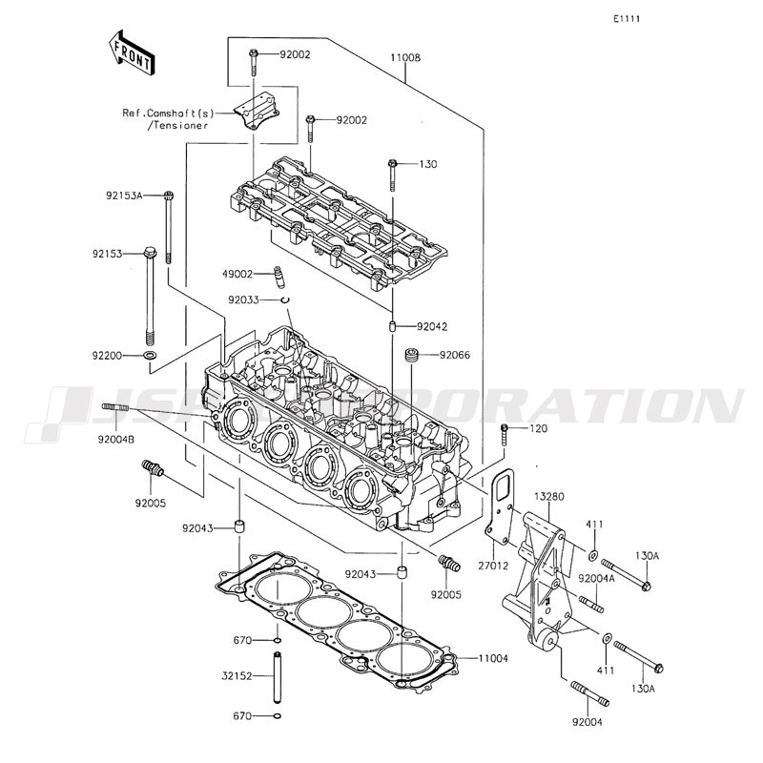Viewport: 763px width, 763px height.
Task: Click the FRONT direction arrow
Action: (x=131, y=52)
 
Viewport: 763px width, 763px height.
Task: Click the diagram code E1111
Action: (x=627, y=19)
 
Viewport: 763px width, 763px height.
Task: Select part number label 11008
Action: (x=405, y=57)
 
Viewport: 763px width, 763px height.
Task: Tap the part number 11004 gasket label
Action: (x=493, y=658)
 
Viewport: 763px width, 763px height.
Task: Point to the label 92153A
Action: (x=124, y=196)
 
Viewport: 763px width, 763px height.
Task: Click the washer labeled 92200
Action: (x=150, y=355)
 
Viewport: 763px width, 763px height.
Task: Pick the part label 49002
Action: (x=237, y=274)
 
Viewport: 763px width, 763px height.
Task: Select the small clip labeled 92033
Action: (x=285, y=299)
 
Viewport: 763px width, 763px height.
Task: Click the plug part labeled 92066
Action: (x=412, y=355)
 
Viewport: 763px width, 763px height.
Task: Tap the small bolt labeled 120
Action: (x=505, y=434)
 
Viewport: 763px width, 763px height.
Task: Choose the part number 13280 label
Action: (x=549, y=497)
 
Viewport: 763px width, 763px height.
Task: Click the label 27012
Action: (x=493, y=566)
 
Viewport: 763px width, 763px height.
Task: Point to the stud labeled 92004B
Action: (x=115, y=407)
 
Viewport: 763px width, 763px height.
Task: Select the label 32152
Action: (x=237, y=676)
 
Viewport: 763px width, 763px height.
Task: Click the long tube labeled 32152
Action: (x=278, y=677)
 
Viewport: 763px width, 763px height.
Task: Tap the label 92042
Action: (x=432, y=326)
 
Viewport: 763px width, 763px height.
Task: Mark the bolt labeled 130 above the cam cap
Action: (x=392, y=175)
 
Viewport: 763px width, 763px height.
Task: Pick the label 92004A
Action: (x=597, y=578)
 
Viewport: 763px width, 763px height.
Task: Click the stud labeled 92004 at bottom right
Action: (x=589, y=693)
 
